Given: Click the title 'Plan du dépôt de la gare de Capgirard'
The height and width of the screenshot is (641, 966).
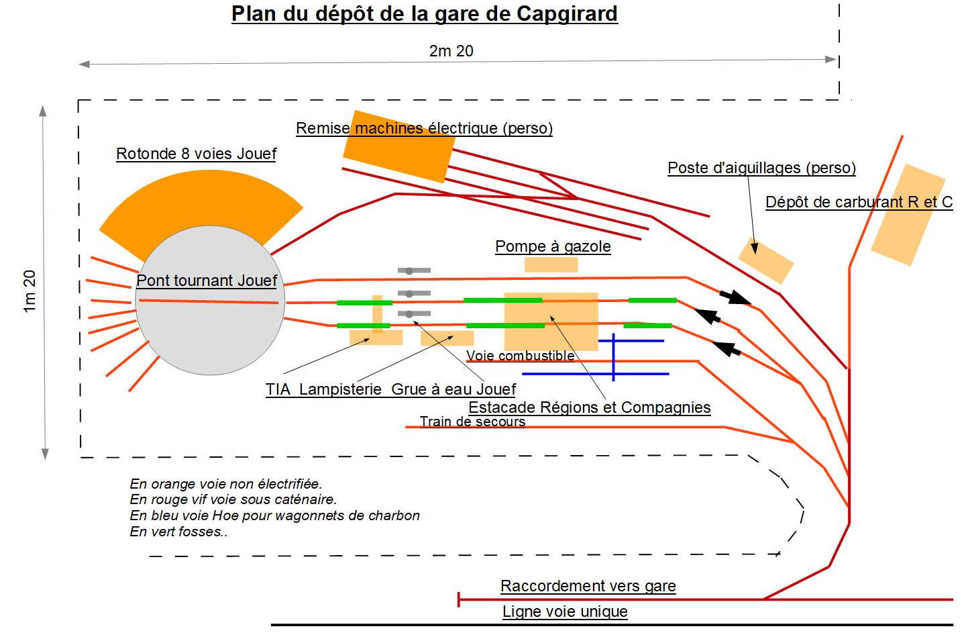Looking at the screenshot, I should (x=424, y=14).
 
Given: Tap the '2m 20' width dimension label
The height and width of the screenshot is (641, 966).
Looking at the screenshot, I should (x=451, y=51).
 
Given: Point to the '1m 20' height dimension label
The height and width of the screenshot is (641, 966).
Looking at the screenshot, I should (x=30, y=291).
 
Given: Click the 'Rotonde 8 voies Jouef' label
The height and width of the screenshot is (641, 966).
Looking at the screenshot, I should (x=196, y=154).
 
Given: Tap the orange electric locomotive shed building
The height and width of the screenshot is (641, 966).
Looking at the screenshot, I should (x=398, y=146).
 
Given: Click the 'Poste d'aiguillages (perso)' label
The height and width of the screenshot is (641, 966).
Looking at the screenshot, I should (x=761, y=168).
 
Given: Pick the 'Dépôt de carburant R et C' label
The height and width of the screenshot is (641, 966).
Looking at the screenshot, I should (x=859, y=202).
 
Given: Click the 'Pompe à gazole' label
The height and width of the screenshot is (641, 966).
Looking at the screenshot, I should (x=553, y=246).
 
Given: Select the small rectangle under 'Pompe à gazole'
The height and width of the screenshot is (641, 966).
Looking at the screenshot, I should (x=551, y=264).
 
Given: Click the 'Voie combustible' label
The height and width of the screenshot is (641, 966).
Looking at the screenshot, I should (x=520, y=356).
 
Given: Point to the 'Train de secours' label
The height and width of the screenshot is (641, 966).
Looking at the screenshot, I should (x=472, y=422).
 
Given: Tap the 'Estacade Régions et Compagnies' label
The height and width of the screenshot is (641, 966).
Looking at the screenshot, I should (x=589, y=407).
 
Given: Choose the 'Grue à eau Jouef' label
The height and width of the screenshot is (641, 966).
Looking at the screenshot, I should (x=453, y=389).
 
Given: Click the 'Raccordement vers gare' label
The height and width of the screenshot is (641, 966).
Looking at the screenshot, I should (x=588, y=586).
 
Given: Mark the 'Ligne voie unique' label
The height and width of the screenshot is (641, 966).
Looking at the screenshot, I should (x=565, y=611).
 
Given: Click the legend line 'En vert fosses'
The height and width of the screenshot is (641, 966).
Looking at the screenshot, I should (x=178, y=532).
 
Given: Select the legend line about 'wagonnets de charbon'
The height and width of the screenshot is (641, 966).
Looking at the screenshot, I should (x=274, y=515).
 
